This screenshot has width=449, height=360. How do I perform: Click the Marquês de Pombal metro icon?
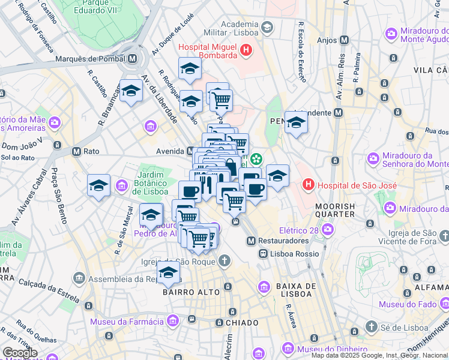coord(132,59)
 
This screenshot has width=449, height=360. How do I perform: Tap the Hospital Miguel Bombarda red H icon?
coord(246,51)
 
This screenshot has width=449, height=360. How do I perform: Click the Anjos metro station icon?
coord(344,40)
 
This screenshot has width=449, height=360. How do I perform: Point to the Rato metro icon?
coord(76,152)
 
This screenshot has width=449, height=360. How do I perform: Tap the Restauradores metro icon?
coord(252,241)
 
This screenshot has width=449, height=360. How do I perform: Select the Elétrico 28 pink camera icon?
coord(328,229)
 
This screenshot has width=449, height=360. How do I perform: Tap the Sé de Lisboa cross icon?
coord(372,327)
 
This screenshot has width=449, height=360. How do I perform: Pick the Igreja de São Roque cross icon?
coord(224,260)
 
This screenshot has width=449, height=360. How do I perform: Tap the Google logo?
coord(20,353)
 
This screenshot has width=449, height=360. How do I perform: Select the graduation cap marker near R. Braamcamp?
coord(131,91)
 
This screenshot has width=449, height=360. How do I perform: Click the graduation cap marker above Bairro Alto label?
coord(169,273)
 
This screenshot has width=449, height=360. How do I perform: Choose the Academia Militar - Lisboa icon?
coord(267,28)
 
